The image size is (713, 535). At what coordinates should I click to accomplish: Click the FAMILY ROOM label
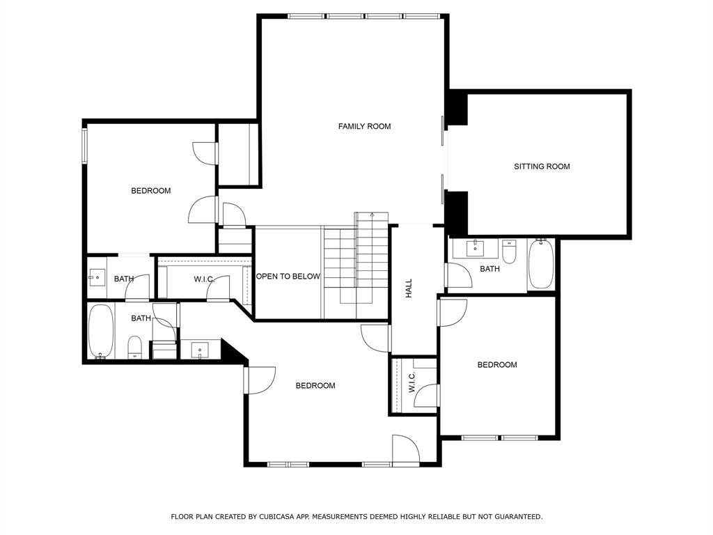coord(364,127)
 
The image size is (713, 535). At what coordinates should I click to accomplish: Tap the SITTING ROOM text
coord(542,166)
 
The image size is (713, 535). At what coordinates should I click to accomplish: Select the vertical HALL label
coord(409,288)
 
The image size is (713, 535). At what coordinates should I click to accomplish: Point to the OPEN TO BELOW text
coord(288,276)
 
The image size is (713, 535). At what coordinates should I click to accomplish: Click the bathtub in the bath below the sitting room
coord(541,264)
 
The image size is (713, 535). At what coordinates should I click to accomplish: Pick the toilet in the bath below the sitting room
coord(509,252)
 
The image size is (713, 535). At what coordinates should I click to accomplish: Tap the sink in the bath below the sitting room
coord(476,249)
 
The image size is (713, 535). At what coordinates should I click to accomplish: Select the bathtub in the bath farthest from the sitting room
coord(101,331)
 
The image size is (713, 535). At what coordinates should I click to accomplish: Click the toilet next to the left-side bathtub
coord(135,348)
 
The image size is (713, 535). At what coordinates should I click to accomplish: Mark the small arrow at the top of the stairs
coord(372,214)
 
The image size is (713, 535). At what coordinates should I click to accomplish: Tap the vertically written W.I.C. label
coord(412,382)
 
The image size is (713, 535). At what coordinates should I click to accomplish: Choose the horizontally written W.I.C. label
coord(204,279)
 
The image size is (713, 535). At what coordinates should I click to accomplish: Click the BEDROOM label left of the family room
coord(151,191)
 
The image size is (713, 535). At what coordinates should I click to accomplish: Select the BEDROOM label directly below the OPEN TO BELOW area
coord(315,386)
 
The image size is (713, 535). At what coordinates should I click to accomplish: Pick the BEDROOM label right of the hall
coord(497,365)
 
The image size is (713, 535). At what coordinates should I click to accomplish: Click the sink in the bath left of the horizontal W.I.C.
coord(97,277)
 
